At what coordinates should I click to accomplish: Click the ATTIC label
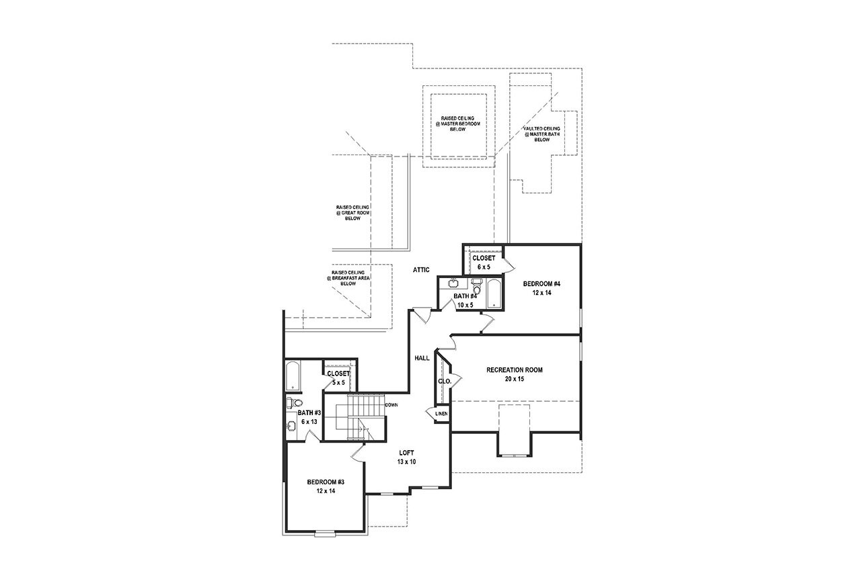pyautogui.click(x=421, y=269)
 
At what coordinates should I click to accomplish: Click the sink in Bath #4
pyautogui.click(x=454, y=283)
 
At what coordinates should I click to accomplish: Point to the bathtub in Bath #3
pyautogui.click(x=293, y=376)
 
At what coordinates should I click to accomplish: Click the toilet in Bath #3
pyautogui.click(x=291, y=403)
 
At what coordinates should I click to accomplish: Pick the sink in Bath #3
pyautogui.click(x=291, y=426)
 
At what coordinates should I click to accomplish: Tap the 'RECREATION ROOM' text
pyautogui.click(x=515, y=369)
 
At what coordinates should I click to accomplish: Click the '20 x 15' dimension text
pyautogui.click(x=515, y=379)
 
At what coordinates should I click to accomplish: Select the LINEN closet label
pyautogui.click(x=441, y=414)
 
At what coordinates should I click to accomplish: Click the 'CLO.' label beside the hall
pyautogui.click(x=444, y=381)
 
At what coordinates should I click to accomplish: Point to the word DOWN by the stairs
pyautogui.click(x=391, y=405)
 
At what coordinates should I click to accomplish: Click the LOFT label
pyautogui.click(x=407, y=453)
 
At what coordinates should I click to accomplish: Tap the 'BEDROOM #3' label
pyautogui.click(x=326, y=482)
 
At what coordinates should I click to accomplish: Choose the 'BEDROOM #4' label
pyautogui.click(x=541, y=283)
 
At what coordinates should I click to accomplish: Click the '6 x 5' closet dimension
pyautogui.click(x=484, y=267)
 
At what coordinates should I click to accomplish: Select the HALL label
pyautogui.click(x=422, y=358)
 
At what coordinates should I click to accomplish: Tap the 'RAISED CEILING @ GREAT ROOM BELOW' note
pyautogui.click(x=353, y=212)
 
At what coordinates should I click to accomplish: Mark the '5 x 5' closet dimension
pyautogui.click(x=338, y=383)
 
